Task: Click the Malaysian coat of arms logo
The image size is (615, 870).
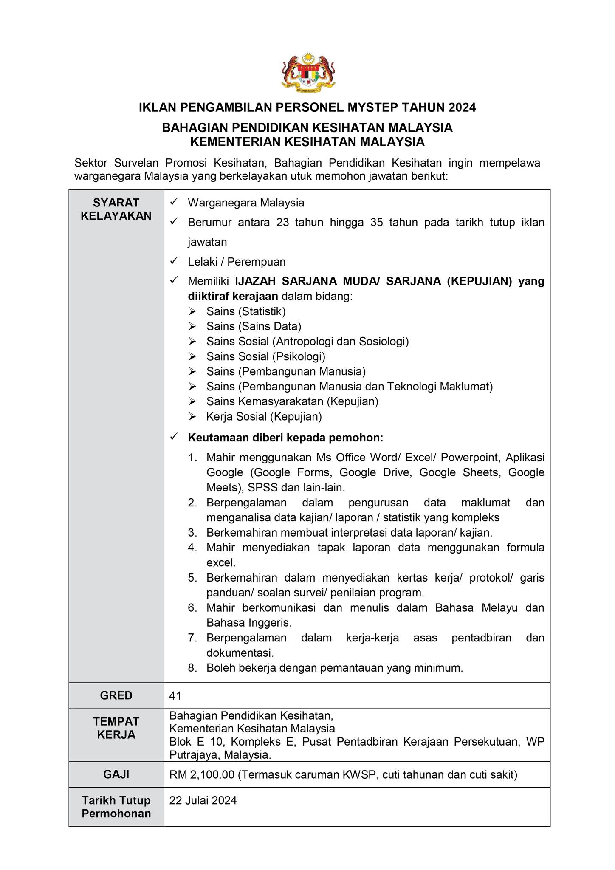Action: [308, 72]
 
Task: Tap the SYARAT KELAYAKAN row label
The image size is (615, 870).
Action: [116, 209]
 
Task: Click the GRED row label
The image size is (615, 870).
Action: [116, 695]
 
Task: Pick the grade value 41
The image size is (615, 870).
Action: [175, 695]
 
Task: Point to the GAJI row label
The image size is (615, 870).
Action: [116, 774]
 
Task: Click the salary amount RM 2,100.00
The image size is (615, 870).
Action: [202, 775]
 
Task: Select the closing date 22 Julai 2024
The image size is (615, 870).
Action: [203, 800]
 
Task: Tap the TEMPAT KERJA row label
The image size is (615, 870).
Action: [116, 728]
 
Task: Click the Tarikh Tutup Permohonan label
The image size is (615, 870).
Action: [116, 807]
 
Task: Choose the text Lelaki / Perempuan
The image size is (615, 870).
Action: [237, 262]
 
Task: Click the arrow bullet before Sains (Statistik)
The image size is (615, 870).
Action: [193, 312]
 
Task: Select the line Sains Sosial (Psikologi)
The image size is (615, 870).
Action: [266, 356]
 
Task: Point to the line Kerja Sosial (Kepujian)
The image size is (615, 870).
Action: [264, 417]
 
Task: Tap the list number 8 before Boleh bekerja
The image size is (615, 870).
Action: [192, 668]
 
